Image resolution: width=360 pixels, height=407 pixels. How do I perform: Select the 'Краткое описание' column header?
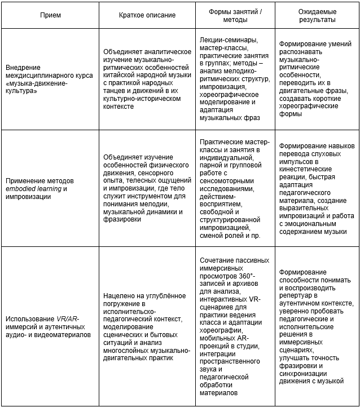click(147, 15)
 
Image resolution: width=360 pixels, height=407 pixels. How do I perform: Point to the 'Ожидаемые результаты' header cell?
click(317, 15)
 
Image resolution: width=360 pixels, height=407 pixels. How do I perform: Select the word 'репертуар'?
click(297, 295)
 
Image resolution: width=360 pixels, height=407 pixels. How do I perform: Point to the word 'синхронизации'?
click(304, 373)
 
